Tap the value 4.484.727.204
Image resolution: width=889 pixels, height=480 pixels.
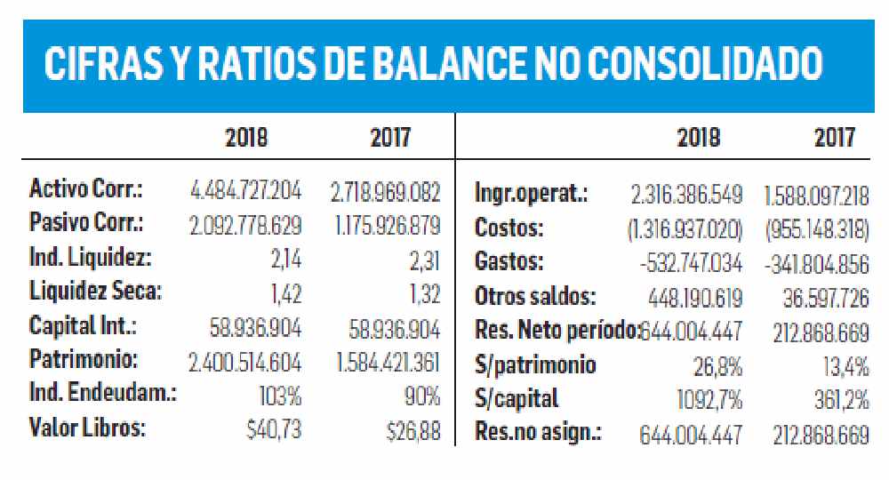(x=246, y=189)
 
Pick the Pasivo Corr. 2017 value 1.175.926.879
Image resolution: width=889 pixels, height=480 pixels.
(x=388, y=224)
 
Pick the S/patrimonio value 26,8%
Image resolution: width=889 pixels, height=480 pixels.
(x=717, y=365)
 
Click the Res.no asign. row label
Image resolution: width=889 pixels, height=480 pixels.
(x=539, y=434)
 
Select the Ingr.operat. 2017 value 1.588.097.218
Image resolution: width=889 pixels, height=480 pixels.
(x=816, y=193)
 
